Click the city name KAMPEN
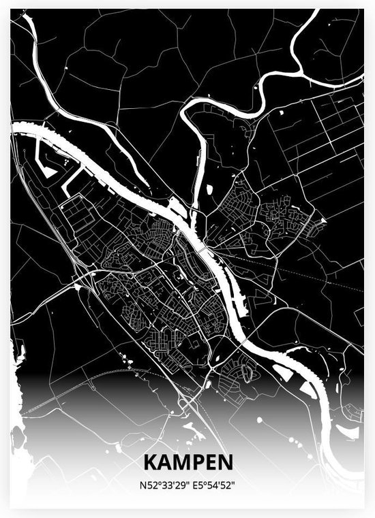187,462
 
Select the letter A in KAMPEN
164,462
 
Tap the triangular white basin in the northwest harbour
49,171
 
